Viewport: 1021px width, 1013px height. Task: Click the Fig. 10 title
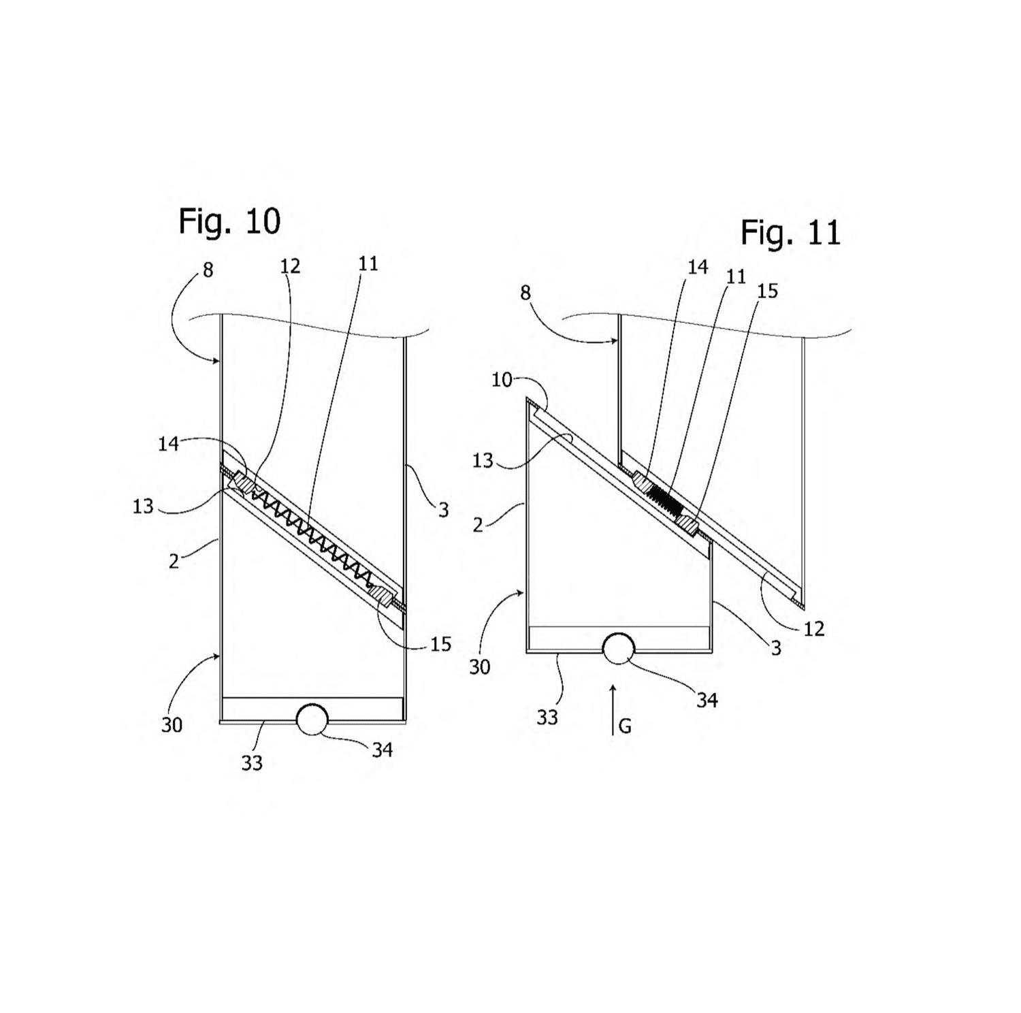tap(229, 221)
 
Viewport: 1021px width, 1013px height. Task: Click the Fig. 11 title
tap(791, 233)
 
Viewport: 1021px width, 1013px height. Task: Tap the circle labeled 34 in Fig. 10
tap(312, 719)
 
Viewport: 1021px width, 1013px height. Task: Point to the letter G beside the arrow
tap(625, 727)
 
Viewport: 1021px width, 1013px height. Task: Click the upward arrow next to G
tap(613, 709)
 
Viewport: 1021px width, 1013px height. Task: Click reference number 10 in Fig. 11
tap(502, 380)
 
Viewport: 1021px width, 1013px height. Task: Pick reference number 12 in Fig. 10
tap(290, 266)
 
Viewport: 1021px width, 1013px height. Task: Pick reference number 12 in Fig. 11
tap(814, 629)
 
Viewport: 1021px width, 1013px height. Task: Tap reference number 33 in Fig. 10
tap(252, 764)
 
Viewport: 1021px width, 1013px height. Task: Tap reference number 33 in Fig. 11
tap(547, 718)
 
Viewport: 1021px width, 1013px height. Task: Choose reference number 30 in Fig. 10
tap(172, 726)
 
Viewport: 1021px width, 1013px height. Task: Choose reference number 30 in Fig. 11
tap(480, 667)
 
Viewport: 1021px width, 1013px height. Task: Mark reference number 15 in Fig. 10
tap(441, 644)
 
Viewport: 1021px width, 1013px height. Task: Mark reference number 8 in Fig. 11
tap(525, 293)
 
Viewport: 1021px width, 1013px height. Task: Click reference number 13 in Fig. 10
tap(143, 506)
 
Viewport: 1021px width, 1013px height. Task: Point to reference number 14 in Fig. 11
tap(698, 268)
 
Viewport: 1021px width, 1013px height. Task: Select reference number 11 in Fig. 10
tap(368, 263)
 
